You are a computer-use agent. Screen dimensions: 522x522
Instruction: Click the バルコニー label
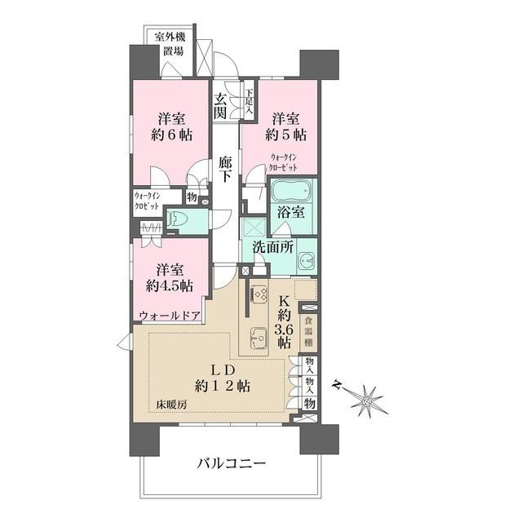(x=232, y=464)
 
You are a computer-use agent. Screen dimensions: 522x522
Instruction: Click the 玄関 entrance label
(x=220, y=107)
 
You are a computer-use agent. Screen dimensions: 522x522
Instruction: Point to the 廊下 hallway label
(x=226, y=169)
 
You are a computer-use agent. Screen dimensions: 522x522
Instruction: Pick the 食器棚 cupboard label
(x=310, y=330)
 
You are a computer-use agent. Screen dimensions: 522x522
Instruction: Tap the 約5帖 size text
(x=289, y=135)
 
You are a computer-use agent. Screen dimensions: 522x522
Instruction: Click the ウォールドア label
(x=169, y=316)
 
